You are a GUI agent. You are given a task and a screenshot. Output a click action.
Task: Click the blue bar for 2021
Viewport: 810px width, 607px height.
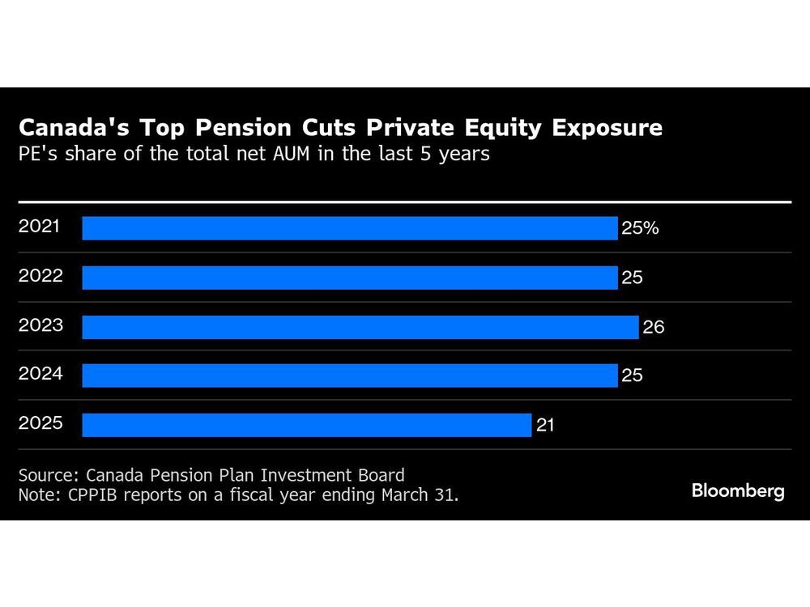coord(349,228)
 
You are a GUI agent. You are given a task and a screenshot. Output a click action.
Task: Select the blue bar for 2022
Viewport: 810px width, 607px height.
coord(349,278)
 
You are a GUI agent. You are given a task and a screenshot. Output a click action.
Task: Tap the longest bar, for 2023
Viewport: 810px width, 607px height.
coord(360,327)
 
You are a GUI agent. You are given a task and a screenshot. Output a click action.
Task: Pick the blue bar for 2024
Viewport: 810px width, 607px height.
coord(349,376)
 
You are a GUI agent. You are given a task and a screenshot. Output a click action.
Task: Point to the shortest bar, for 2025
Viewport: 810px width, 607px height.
coord(306,425)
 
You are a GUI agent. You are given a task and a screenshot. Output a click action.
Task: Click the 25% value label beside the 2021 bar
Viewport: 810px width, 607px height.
coord(640,228)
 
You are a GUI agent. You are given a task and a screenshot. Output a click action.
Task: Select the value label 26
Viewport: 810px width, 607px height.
coord(653,327)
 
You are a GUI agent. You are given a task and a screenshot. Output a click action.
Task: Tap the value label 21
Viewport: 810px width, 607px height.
coord(545,425)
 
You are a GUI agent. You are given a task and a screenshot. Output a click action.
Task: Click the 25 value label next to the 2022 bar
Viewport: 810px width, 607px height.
coord(632,278)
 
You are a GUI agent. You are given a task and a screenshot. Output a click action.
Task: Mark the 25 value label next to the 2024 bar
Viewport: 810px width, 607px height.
coord(632,376)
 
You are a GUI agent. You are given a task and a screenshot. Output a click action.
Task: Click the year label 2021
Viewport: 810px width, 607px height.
coord(39,227)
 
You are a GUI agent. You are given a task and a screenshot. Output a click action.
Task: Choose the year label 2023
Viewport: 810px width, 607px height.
coord(39,325)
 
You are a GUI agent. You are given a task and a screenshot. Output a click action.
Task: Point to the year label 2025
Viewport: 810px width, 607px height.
coord(39,423)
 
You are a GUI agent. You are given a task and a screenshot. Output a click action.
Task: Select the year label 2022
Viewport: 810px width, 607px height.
coord(39,276)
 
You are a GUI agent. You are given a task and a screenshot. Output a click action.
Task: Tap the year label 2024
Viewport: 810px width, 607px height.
coord(39,374)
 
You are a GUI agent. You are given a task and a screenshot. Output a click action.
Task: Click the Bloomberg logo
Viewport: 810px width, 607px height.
coord(737,490)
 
